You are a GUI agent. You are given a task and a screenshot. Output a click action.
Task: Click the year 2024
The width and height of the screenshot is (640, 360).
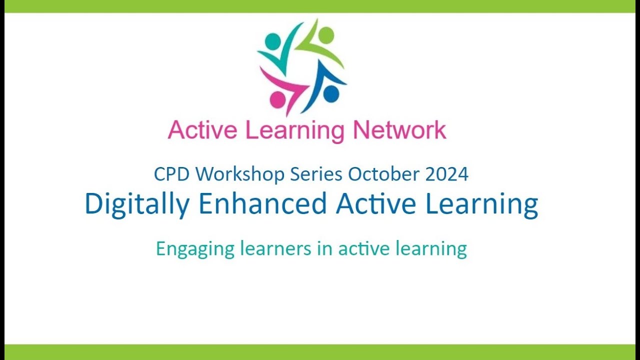(x=447, y=174)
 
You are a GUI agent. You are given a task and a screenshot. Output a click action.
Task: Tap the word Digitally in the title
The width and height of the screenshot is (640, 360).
(x=137, y=204)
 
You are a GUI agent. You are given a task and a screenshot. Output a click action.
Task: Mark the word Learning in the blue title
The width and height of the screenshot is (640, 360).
(x=480, y=204)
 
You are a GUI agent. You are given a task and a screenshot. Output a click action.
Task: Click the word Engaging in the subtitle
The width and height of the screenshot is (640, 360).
(x=195, y=249)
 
